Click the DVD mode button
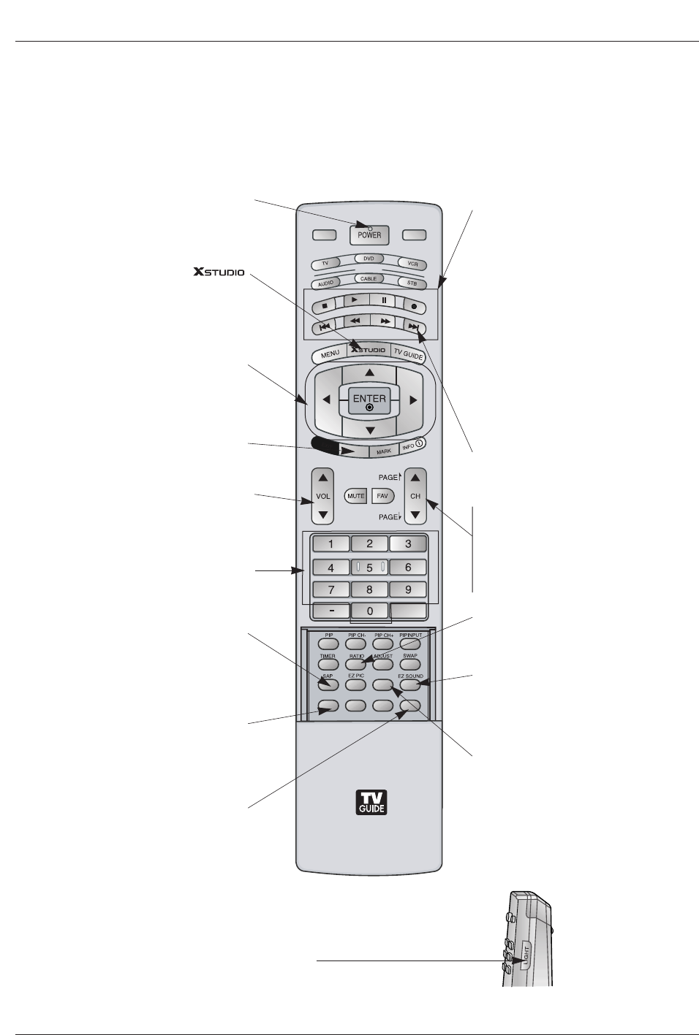coord(369,259)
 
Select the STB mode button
coord(412,283)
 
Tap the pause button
coord(384,300)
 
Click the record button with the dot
coord(413,307)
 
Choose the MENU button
coord(330,354)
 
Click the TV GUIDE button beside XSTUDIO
coord(408,353)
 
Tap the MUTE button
coord(355,496)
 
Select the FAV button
coord(382,496)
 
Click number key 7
coord(330,589)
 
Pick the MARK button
coord(383,451)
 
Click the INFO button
coord(412,444)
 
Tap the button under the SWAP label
coord(410,665)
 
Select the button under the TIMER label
coord(328,665)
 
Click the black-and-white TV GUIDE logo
coord(371,803)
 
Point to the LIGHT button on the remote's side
coord(526,955)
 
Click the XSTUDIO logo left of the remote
coord(219,272)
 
